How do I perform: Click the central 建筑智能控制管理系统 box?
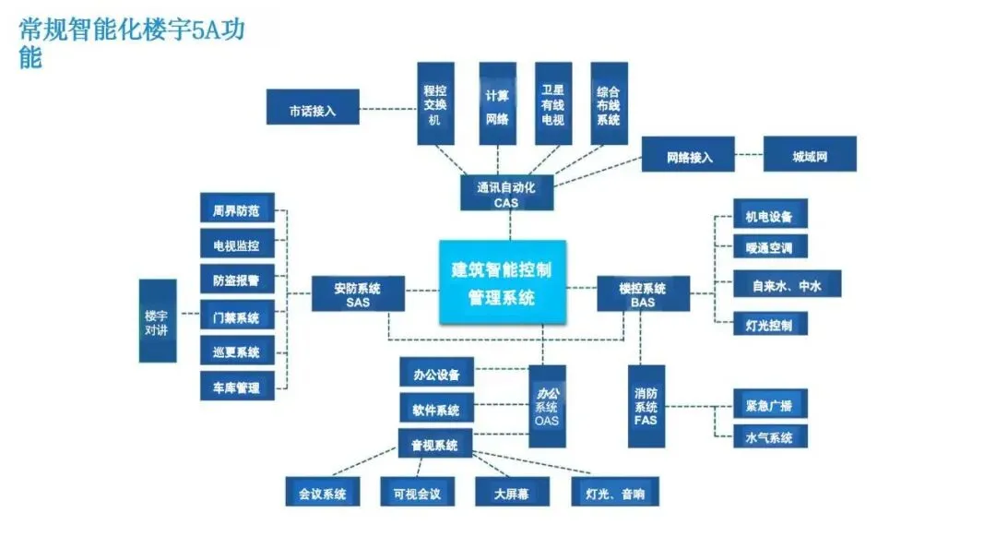503,282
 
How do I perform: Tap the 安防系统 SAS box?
358,293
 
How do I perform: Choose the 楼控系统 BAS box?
643,294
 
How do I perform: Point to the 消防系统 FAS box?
646,406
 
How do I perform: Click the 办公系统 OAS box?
547,406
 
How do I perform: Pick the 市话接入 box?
312,108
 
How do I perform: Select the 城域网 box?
810,154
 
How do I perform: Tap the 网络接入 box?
689,155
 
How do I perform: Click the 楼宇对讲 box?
157,320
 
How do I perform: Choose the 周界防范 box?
236,210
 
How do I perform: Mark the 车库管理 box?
236,387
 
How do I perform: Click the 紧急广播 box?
769,404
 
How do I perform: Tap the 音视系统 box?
434,444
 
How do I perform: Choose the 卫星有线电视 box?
552,103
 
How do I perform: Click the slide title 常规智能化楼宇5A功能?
134,42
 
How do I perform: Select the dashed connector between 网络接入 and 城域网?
750,155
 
